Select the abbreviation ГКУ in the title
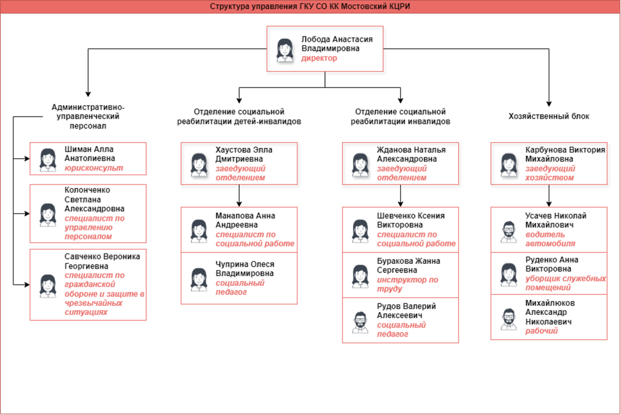[x=308, y=6]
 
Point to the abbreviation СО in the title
[x=325, y=6]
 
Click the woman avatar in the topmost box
[x=283, y=49]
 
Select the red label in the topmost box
[x=319, y=59]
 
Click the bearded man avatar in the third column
[x=360, y=322]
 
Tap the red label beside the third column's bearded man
[x=401, y=328]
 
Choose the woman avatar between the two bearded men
[x=509, y=275]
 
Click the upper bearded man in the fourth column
[x=509, y=232]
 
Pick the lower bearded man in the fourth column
[x=509, y=320]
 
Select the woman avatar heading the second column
[x=198, y=163]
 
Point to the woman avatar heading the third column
[x=360, y=163]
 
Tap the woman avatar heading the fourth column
[x=508, y=163]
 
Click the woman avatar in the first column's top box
[x=47, y=159]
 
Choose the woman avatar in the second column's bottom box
[x=198, y=280]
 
